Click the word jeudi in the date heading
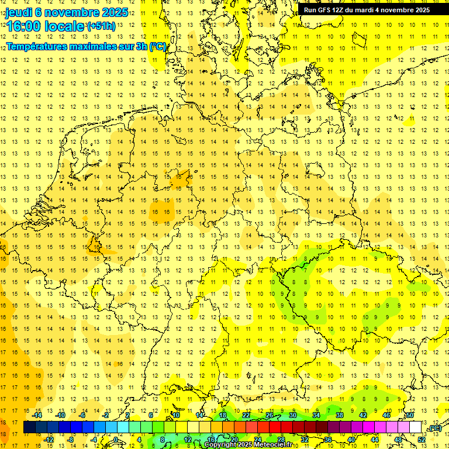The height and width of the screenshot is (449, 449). click(22, 12)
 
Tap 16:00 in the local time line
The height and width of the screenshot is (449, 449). click(23, 26)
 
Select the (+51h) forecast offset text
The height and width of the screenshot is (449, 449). click(101, 26)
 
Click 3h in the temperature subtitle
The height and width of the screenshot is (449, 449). click(142, 46)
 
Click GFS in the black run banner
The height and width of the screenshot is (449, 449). click(325, 10)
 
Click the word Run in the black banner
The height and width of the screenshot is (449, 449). click(310, 10)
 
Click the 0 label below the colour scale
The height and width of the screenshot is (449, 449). click(116, 440)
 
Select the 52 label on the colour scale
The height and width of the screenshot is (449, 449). click(422, 440)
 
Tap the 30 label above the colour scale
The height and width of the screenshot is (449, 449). click(292, 415)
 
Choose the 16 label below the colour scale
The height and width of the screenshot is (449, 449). click(211, 440)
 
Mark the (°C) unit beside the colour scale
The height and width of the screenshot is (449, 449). click(434, 429)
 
